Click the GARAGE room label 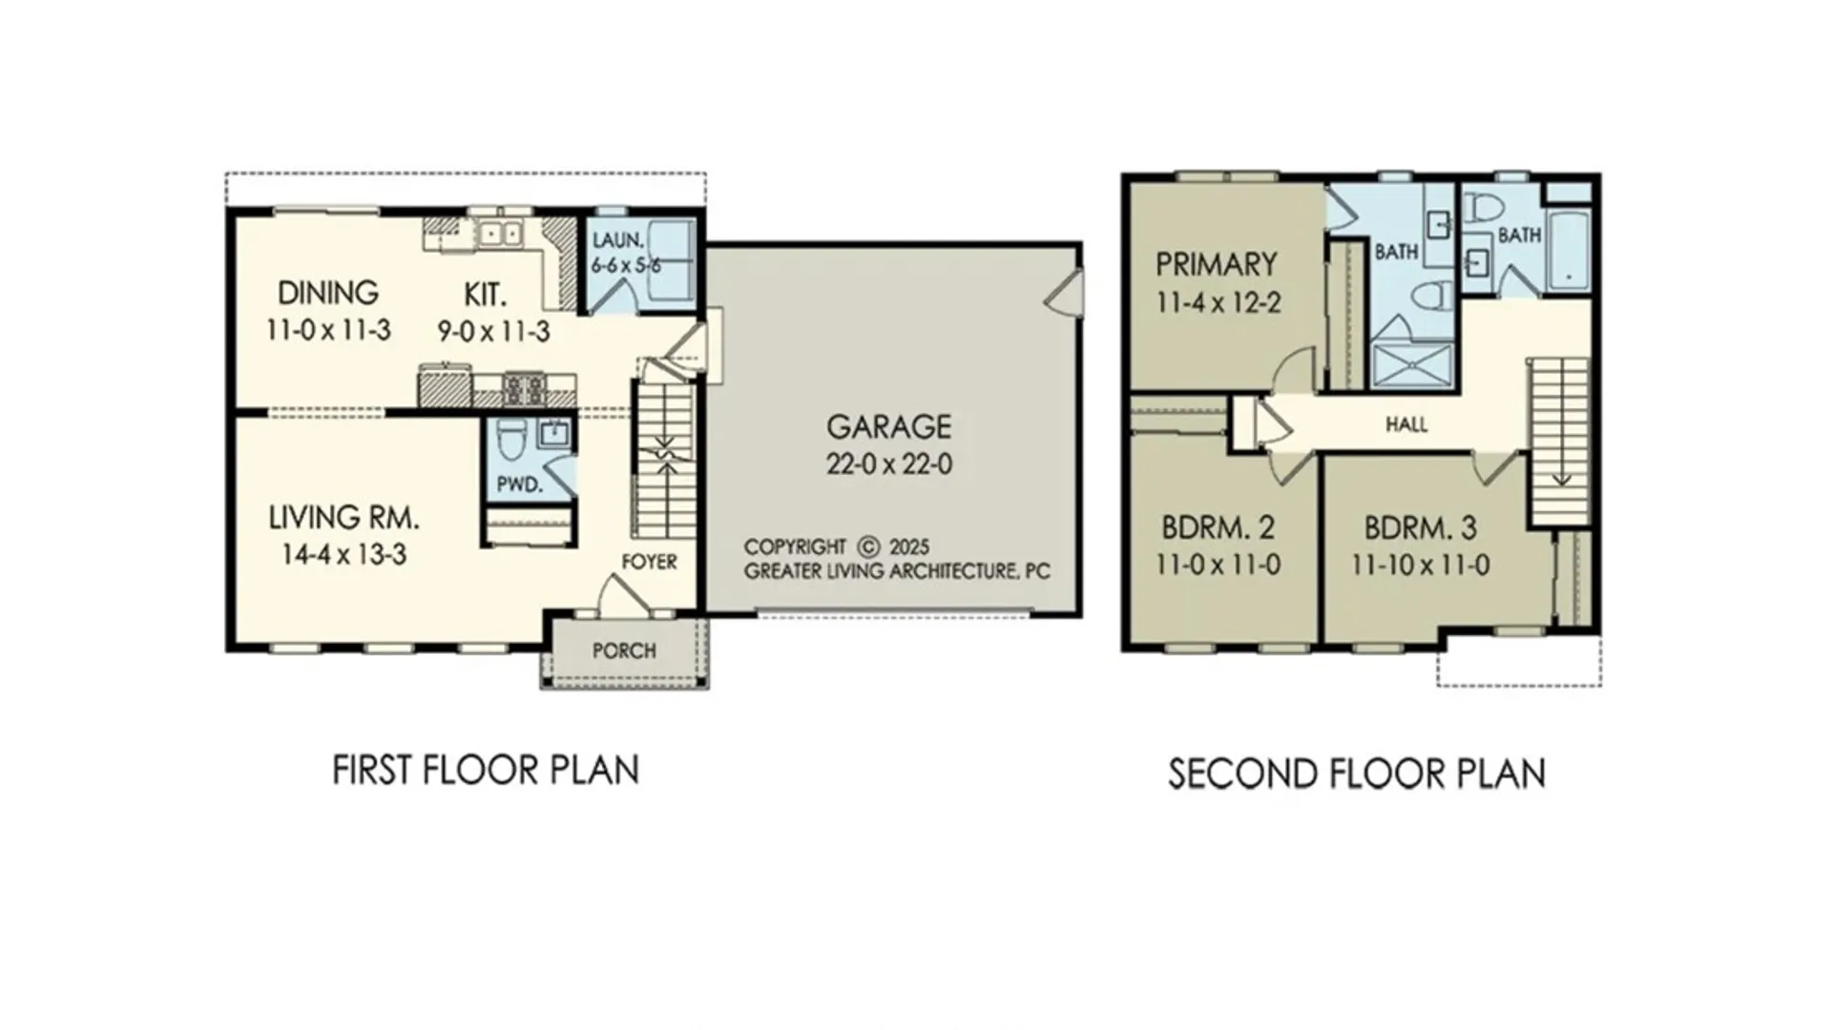pyautogui.click(x=888, y=426)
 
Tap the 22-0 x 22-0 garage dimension pyautogui.click(x=888, y=464)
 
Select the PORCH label pyautogui.click(x=624, y=651)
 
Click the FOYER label pyautogui.click(x=649, y=562)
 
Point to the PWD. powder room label pyautogui.click(x=520, y=484)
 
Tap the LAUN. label pyautogui.click(x=618, y=241)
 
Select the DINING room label pyautogui.click(x=328, y=292)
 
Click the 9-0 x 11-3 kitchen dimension pyautogui.click(x=493, y=332)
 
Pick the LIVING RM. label pyautogui.click(x=343, y=518)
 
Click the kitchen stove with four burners pyautogui.click(x=525, y=389)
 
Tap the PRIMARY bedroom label pyautogui.click(x=1216, y=264)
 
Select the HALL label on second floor pyautogui.click(x=1406, y=424)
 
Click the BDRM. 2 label pyautogui.click(x=1217, y=527)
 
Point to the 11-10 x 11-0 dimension pyautogui.click(x=1420, y=566)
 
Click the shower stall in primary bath pyautogui.click(x=1412, y=366)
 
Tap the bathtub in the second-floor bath pyautogui.click(x=1569, y=251)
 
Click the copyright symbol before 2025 pyautogui.click(x=867, y=547)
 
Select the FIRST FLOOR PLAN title pyautogui.click(x=486, y=771)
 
